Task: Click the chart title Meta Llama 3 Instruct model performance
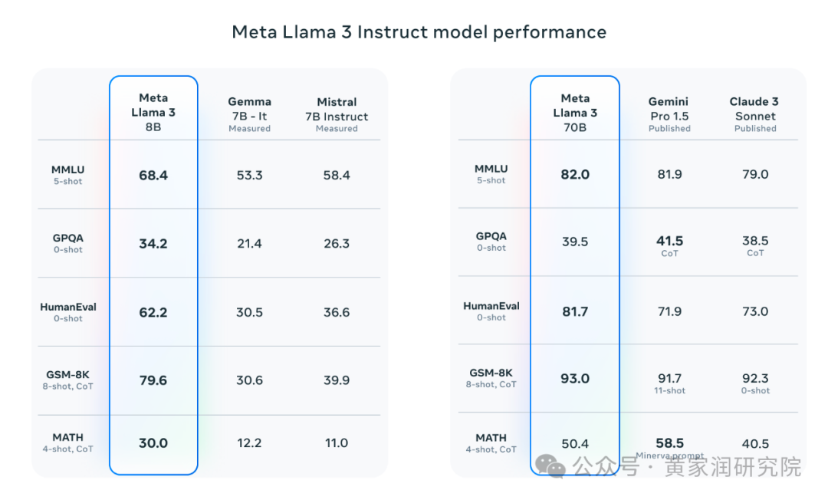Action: [x=419, y=32]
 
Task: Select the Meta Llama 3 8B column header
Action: [x=153, y=113]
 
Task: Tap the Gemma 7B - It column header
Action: [x=249, y=114]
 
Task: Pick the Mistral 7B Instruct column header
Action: [x=337, y=114]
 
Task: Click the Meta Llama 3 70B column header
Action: [x=575, y=113]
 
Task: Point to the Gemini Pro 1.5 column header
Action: [x=669, y=114]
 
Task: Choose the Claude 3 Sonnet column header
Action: [x=754, y=114]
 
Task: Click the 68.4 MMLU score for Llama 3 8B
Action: [x=153, y=176]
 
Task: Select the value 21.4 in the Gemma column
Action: [x=249, y=243]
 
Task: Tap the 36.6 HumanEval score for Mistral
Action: [x=337, y=312]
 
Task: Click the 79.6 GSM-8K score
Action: [x=153, y=380]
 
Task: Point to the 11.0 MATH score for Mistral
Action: [x=337, y=443]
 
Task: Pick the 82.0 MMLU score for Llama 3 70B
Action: [x=575, y=174]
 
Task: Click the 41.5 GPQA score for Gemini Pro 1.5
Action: [x=669, y=241]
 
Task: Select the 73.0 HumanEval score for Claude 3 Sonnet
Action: [x=755, y=311]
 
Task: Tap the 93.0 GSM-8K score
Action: [x=575, y=379]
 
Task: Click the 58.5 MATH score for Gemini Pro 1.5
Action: [x=669, y=443]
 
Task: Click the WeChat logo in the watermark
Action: [x=550, y=466]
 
